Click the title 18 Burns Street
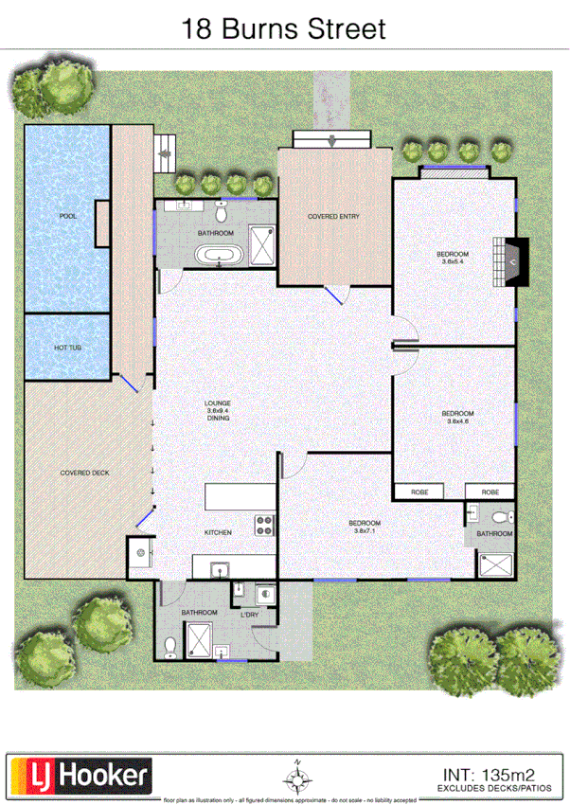tap(284, 28)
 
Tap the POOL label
tap(67, 216)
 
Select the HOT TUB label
tap(67, 348)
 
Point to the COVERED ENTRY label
tap(333, 217)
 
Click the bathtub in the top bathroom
tap(217, 254)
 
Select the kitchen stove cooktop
tap(262, 526)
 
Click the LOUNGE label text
tap(218, 403)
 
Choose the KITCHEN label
tap(218, 532)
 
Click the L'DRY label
tap(250, 615)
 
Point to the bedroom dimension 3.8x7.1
tap(365, 531)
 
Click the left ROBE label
tap(418, 492)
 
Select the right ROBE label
tap(490, 492)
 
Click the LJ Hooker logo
tap(80, 776)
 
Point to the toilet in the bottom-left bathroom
tap(170, 646)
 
